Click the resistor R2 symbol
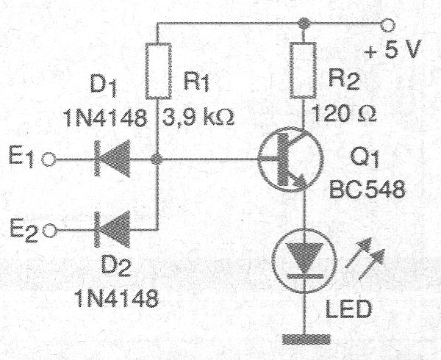302,71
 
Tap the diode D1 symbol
107,159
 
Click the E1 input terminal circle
50,159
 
